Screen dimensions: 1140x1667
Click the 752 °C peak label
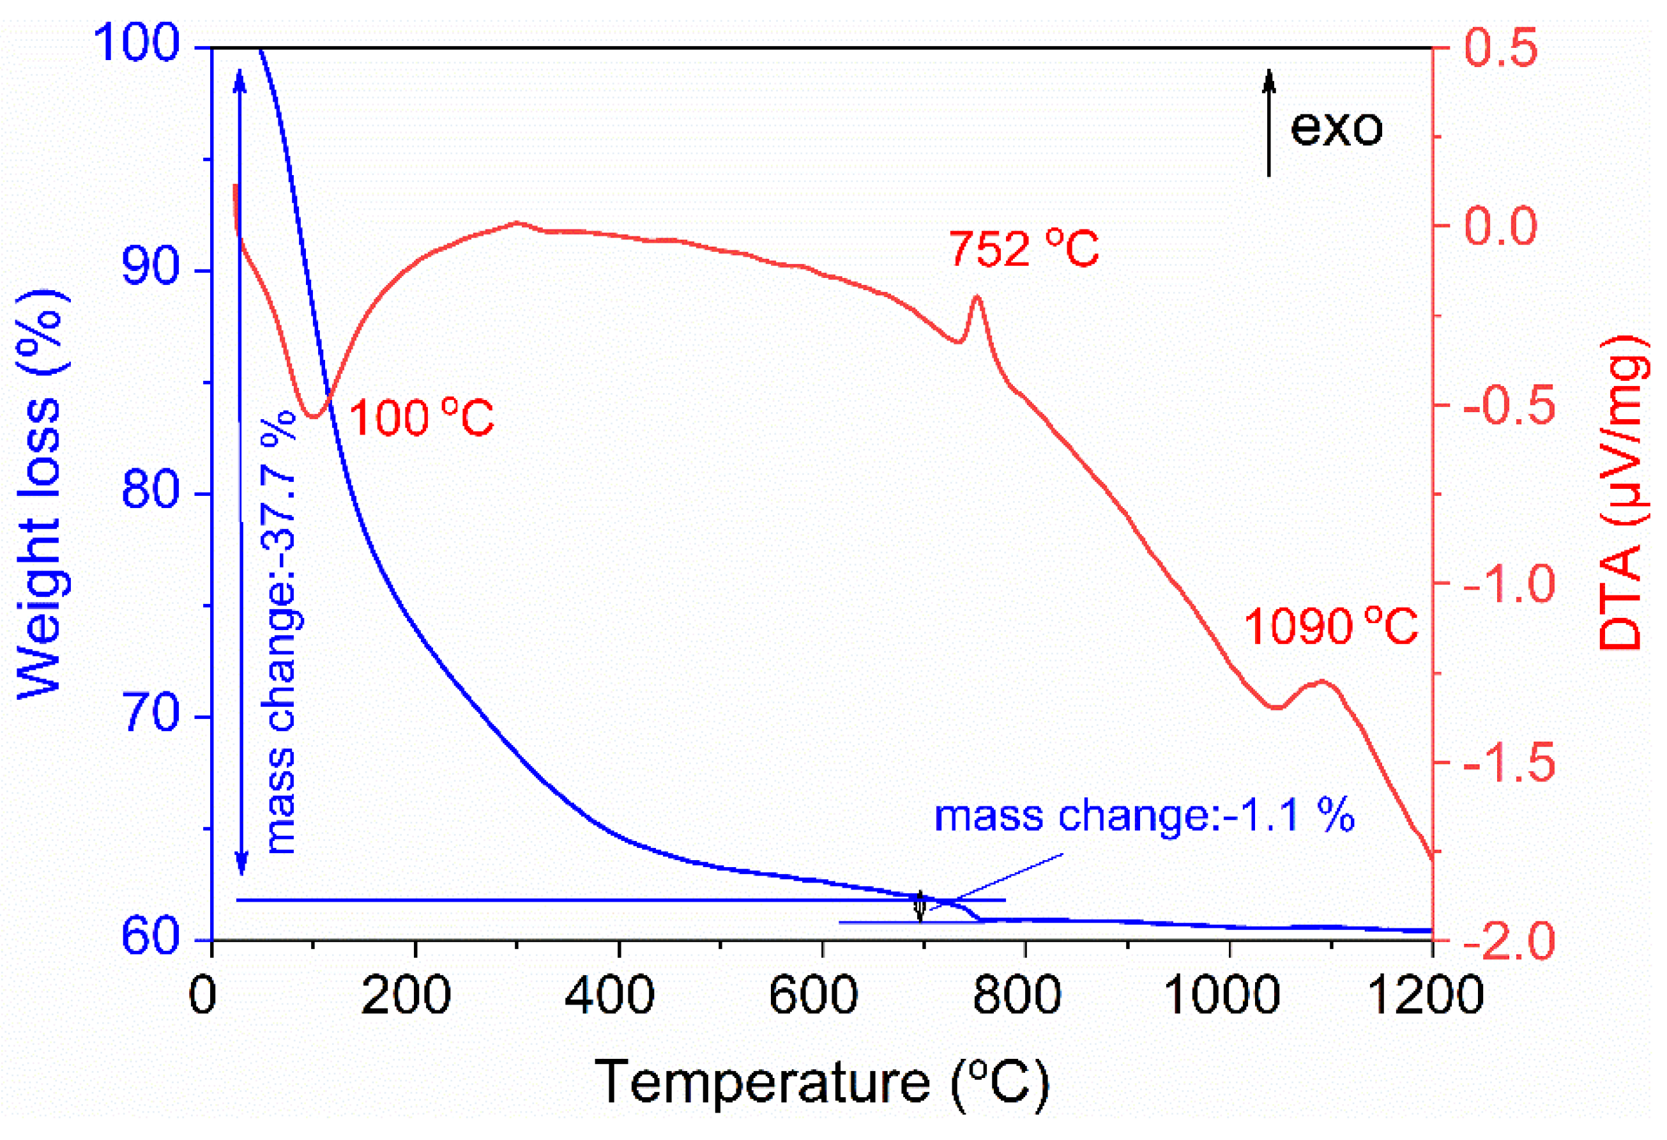point(1024,249)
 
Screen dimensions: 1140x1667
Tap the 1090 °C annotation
point(1330,626)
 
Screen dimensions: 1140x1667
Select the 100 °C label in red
point(422,419)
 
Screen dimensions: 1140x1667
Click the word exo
point(1336,128)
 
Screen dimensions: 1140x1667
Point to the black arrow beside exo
point(1269,122)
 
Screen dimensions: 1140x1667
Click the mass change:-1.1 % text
point(1143,817)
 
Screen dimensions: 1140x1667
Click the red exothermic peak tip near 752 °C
point(976,297)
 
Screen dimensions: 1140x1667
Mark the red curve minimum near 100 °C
point(313,416)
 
